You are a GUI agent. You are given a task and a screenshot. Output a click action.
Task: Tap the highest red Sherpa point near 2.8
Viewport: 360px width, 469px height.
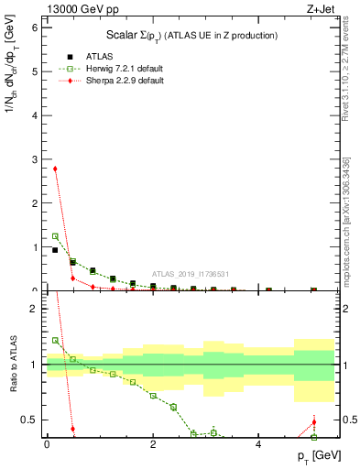pyautogui.click(x=55, y=169)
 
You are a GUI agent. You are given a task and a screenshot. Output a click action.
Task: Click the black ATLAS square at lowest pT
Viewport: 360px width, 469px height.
pyautogui.click(x=55, y=250)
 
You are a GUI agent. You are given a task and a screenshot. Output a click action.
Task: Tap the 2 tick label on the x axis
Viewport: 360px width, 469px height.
pyautogui.click(x=153, y=444)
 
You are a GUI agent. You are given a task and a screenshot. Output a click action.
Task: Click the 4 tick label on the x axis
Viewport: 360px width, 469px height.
pyautogui.click(x=259, y=444)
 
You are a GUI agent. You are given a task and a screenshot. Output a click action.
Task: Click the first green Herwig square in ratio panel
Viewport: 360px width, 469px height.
pyautogui.click(x=55, y=341)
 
